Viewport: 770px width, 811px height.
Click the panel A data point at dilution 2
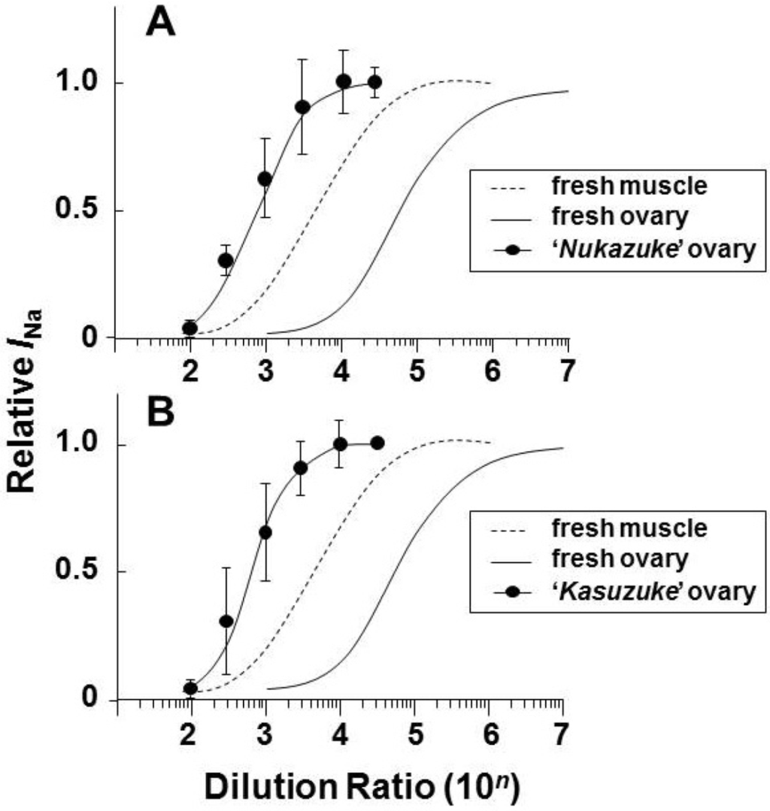coord(190,328)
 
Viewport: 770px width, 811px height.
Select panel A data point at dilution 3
coord(265,179)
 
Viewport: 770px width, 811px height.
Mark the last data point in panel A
coord(374,82)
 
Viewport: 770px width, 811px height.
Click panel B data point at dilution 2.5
coord(226,622)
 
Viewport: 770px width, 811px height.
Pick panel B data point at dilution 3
coord(265,533)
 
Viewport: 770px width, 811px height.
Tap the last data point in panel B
coord(377,443)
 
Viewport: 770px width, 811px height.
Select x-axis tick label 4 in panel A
coord(341,371)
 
